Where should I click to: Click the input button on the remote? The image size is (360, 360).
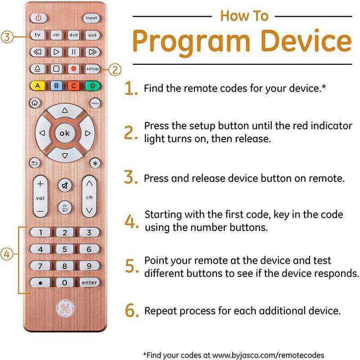pos(90,18)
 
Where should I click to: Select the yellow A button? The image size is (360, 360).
pos(38,85)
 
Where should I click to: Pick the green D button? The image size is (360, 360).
pos(92,85)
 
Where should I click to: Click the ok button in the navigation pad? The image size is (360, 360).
pos(65,133)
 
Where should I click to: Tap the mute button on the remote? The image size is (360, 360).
pos(65,184)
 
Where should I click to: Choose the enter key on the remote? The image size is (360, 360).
pos(89,283)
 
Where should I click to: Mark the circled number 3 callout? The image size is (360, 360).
pos(7,37)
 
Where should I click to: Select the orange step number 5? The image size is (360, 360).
pos(131,266)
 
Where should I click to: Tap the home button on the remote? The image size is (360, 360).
pos(34,103)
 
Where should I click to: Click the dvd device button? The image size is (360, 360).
pos(73,35)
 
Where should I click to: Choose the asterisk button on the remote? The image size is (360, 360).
pos(95,163)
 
